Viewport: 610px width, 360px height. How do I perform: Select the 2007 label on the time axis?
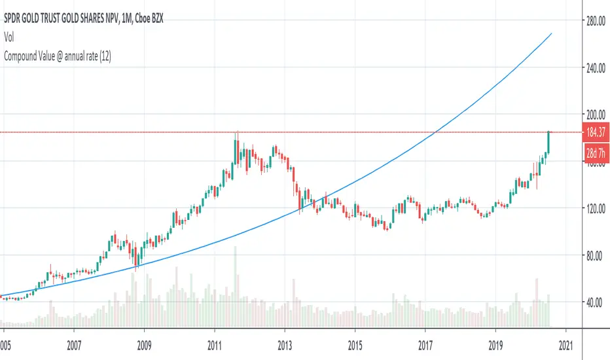(74, 344)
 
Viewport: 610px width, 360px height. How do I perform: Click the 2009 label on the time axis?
(145, 344)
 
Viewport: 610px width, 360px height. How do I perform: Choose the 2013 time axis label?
(285, 344)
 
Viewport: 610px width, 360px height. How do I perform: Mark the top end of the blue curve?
(552, 33)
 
